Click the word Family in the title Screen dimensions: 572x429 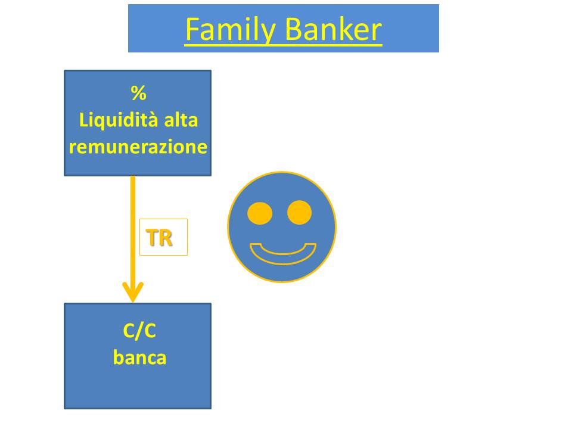(x=231, y=30)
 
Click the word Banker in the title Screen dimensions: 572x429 (x=333, y=29)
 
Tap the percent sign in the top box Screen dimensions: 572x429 (x=139, y=93)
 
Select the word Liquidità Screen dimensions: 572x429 (x=118, y=120)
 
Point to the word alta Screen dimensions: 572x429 (x=181, y=120)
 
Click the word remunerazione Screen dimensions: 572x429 (x=138, y=147)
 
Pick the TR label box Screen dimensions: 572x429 (x=163, y=237)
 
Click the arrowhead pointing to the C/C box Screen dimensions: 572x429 (x=133, y=292)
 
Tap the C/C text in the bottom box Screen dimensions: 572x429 (x=139, y=331)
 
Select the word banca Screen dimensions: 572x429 (x=139, y=357)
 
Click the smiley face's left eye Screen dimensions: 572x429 (x=260, y=213)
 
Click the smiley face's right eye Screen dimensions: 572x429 (x=300, y=212)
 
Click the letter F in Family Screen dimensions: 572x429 (x=192, y=29)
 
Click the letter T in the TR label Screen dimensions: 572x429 (x=152, y=238)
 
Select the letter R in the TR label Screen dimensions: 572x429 (x=165, y=238)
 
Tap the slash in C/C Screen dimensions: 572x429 (x=139, y=331)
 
